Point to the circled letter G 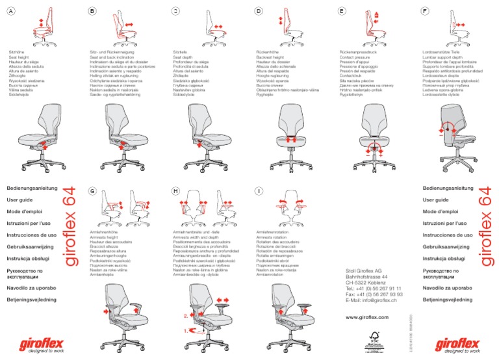tap(92, 191)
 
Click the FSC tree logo tap(373, 339)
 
